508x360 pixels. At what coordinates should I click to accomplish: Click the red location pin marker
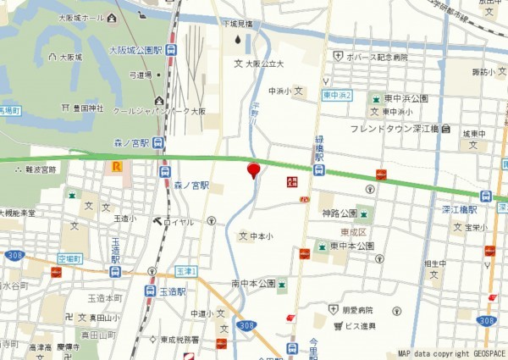(252, 171)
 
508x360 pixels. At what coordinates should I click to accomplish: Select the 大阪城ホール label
(81, 17)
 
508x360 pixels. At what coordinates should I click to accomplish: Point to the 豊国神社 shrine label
(88, 108)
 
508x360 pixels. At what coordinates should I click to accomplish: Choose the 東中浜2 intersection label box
(337, 95)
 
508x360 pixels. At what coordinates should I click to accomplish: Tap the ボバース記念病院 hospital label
(377, 57)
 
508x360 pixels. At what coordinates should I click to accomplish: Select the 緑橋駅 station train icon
(318, 169)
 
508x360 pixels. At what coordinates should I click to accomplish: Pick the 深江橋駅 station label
(460, 209)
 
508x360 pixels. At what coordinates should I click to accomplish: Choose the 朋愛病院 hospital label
(368, 312)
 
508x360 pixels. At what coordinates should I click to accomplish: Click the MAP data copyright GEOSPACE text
(450, 353)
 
